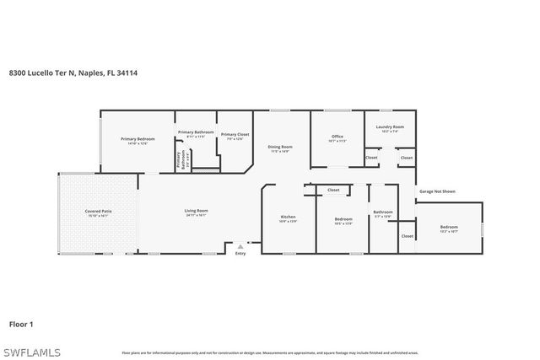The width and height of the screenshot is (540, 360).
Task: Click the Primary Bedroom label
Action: pyautogui.click(x=138, y=138)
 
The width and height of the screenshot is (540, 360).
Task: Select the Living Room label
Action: pyautogui.click(x=196, y=211)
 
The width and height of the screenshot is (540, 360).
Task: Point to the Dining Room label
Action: pyautogui.click(x=280, y=146)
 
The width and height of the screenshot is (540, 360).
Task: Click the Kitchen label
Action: pyautogui.click(x=289, y=217)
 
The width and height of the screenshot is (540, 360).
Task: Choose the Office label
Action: pyautogui.click(x=337, y=136)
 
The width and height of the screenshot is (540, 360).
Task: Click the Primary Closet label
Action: pyautogui.click(x=235, y=134)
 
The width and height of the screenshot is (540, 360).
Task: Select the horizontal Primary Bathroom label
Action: pyautogui.click(x=195, y=132)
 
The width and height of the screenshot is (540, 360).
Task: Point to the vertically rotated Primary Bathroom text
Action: pyautogui.click(x=180, y=159)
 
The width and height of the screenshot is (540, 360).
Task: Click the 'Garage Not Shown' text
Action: pyautogui.click(x=436, y=191)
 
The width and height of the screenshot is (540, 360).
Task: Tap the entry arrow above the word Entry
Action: pyautogui.click(x=240, y=245)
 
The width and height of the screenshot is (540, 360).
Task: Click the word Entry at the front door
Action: pyautogui.click(x=240, y=253)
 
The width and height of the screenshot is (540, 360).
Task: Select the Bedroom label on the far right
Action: pyautogui.click(x=449, y=227)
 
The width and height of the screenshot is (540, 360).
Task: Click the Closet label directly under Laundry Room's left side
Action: pyautogui.click(x=371, y=158)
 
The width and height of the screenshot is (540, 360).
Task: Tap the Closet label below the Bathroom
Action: pyautogui.click(x=407, y=236)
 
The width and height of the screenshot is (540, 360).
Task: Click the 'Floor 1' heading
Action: pyautogui.click(x=20, y=323)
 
